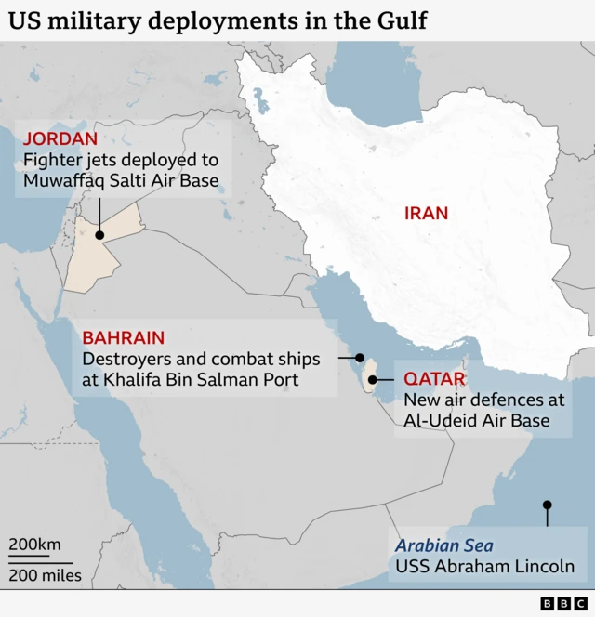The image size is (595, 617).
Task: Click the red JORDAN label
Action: [x=60, y=139]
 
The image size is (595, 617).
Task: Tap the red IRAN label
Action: [x=426, y=213]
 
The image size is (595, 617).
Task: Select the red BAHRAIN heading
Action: [x=124, y=338]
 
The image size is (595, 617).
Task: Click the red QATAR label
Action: [x=434, y=379]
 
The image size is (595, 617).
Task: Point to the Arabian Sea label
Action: [x=444, y=546]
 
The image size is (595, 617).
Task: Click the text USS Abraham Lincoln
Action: [x=484, y=567]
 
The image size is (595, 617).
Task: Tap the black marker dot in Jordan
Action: [x=99, y=236]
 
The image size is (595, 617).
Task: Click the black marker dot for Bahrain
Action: [x=360, y=358]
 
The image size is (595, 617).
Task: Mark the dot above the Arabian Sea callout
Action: [x=548, y=505]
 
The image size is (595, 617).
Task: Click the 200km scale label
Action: [x=35, y=545]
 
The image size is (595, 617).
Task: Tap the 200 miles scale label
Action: [x=46, y=575]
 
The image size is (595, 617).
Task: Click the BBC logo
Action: [x=564, y=604]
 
